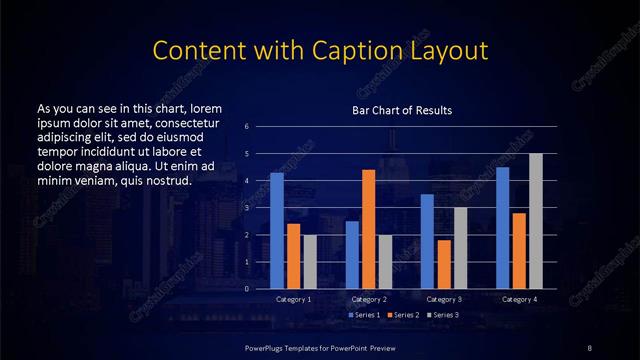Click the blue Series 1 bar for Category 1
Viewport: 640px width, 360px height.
click(277, 231)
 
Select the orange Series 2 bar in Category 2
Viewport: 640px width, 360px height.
click(368, 229)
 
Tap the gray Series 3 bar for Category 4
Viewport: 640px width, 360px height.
click(535, 221)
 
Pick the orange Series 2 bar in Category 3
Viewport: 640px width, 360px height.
click(443, 264)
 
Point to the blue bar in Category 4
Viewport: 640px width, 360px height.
click(502, 228)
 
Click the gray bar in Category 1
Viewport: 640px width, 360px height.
click(310, 262)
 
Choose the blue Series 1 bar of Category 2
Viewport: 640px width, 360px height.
click(352, 254)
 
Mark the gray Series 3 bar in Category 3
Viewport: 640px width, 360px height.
click(460, 248)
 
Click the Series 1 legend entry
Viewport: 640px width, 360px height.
click(364, 316)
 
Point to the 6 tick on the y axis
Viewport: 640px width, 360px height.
click(247, 127)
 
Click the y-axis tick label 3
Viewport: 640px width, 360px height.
click(247, 208)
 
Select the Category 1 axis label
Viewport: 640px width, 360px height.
click(293, 299)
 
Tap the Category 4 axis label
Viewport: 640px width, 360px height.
click(519, 299)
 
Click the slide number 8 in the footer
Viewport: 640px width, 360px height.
click(590, 346)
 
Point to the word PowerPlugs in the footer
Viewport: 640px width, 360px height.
click(266, 346)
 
